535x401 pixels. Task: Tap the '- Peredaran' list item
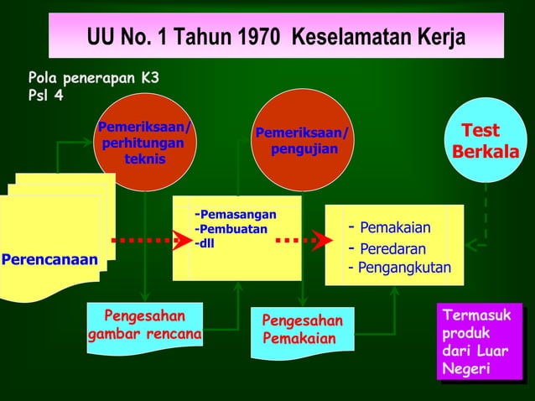(387, 249)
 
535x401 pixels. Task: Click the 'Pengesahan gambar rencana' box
(144, 327)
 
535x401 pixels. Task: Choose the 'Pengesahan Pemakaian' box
(302, 331)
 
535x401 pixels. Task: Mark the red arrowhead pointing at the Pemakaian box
(322, 240)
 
